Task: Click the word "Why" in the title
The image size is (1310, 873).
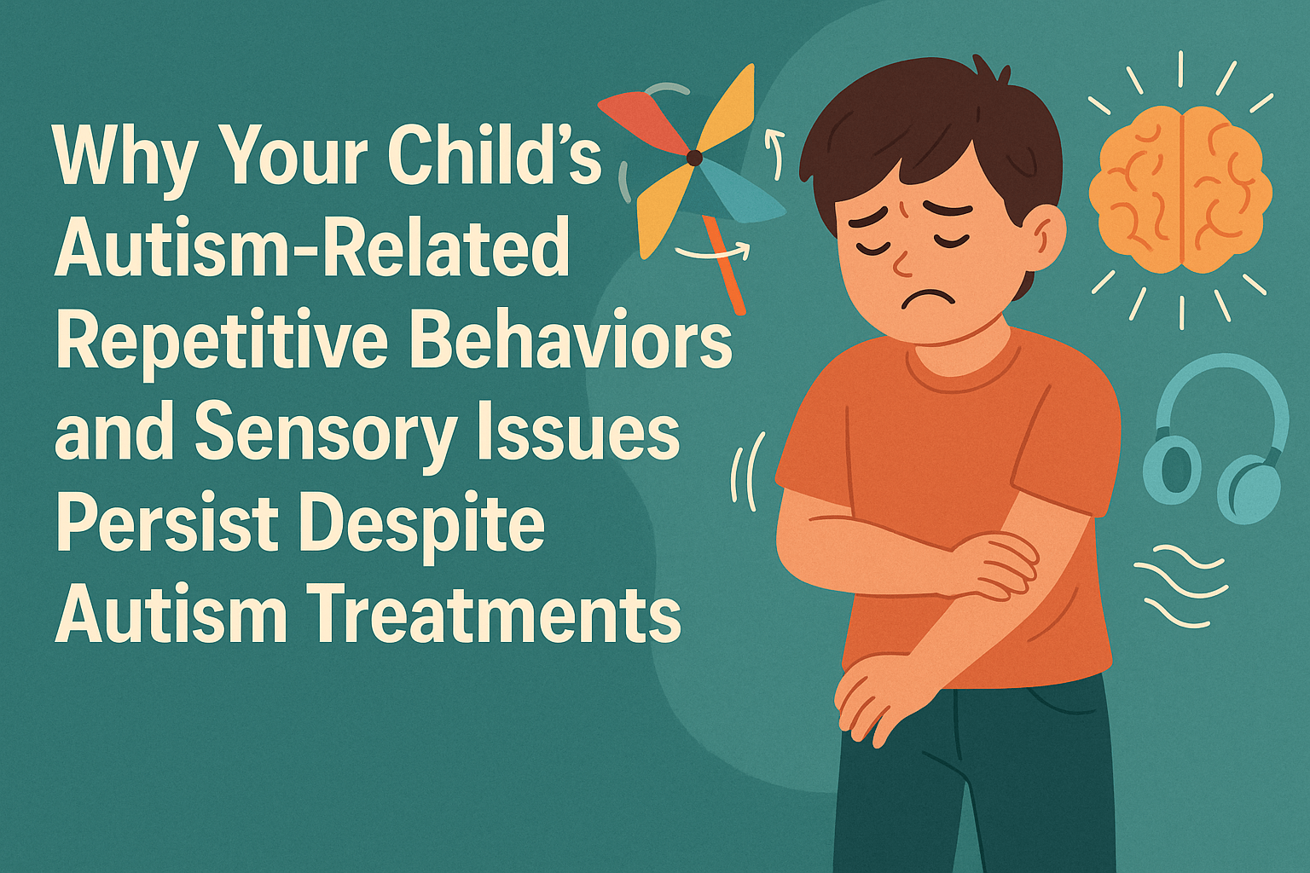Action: pos(126,159)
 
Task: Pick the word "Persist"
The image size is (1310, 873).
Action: pos(167,523)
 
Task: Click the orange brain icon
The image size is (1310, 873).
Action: pos(1180,189)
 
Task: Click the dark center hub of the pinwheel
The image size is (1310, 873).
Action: pos(694,158)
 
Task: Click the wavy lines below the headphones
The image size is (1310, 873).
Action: pos(1182,588)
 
